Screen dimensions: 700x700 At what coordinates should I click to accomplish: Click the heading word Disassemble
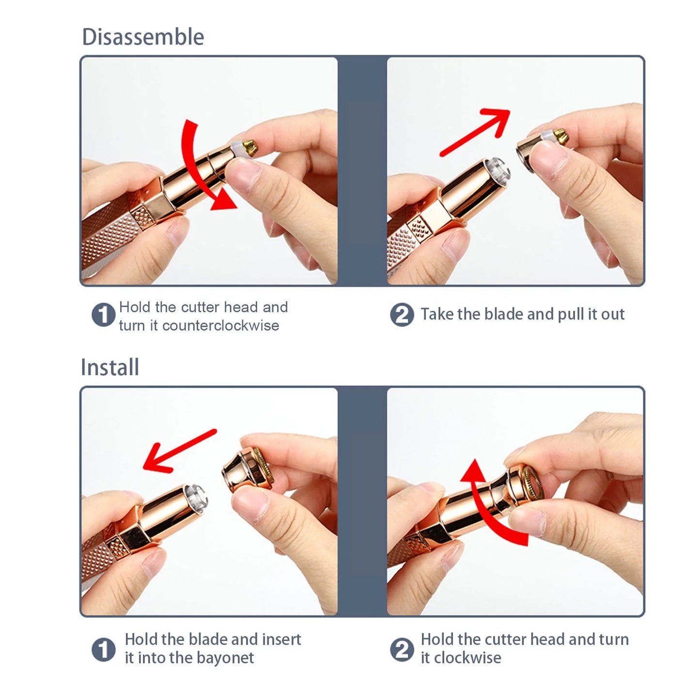tap(143, 37)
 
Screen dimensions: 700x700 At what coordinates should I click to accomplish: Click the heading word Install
tap(110, 367)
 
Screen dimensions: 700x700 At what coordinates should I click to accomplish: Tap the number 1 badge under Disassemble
tap(103, 315)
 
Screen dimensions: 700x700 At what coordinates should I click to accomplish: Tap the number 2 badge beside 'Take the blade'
tap(402, 315)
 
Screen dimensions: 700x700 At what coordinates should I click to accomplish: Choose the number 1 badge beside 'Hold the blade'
tap(103, 649)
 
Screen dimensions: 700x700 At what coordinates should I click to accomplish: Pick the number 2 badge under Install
tap(402, 649)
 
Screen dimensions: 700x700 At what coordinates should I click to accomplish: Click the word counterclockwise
tap(220, 326)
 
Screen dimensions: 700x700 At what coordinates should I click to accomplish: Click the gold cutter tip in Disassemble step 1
tap(249, 147)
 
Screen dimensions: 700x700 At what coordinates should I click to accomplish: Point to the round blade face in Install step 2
tap(532, 483)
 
